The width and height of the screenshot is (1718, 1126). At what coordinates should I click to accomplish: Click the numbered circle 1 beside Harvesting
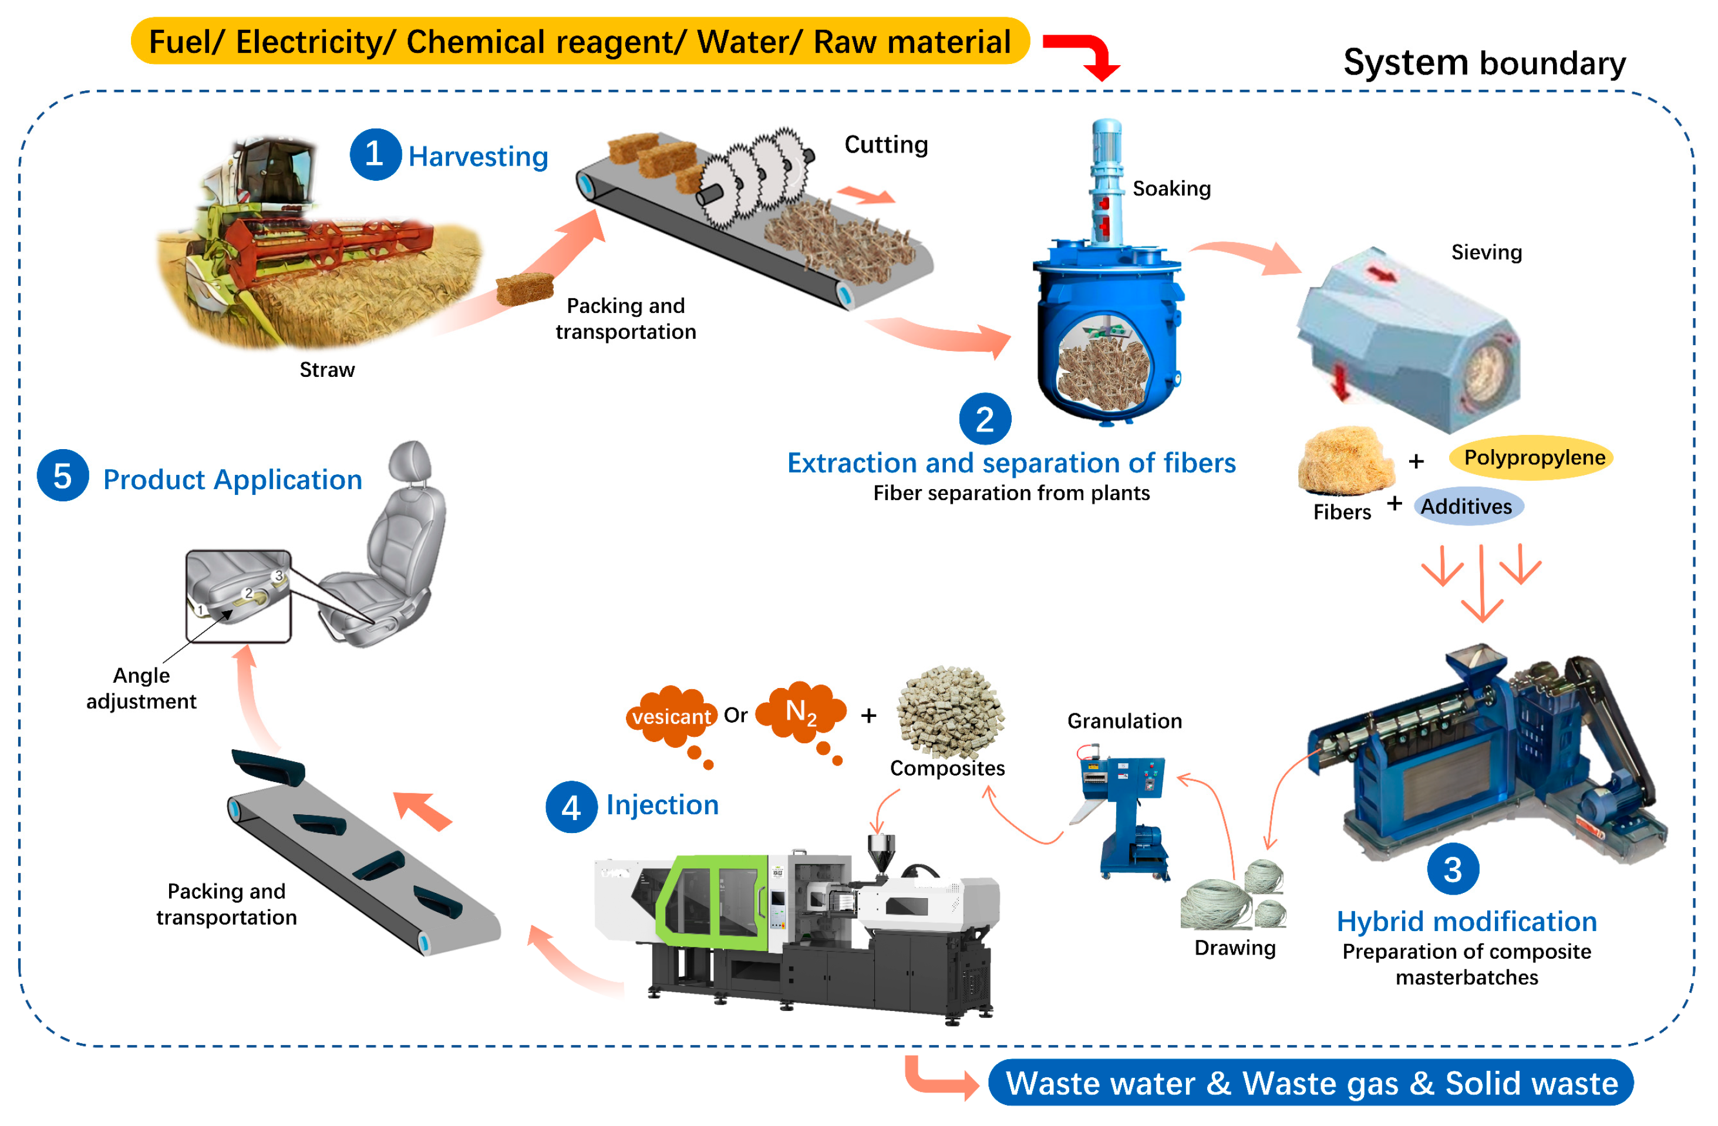(x=375, y=154)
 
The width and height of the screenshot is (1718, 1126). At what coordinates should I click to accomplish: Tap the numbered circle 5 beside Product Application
(x=63, y=476)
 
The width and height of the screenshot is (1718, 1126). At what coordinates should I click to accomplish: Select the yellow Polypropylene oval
(x=1532, y=457)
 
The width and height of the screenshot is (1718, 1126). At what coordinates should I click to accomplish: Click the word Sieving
(x=1485, y=252)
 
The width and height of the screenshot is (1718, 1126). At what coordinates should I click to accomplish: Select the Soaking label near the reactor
(x=1171, y=188)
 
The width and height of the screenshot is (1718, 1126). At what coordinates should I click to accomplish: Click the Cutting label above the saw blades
(x=885, y=144)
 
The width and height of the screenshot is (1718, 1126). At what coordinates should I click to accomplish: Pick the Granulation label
(x=1124, y=720)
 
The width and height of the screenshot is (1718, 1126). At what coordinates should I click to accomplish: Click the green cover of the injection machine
(x=711, y=902)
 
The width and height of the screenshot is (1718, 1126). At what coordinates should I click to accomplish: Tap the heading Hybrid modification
(x=1466, y=921)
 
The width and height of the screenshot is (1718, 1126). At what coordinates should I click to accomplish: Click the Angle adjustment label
(x=142, y=688)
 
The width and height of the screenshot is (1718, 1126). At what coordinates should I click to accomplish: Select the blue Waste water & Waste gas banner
(x=1310, y=1083)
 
